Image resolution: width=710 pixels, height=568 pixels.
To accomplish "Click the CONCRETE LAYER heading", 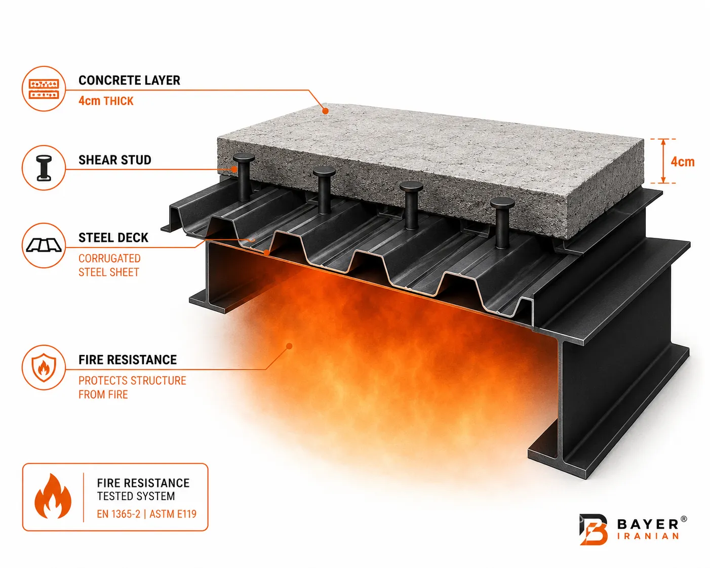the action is pyautogui.click(x=129, y=80).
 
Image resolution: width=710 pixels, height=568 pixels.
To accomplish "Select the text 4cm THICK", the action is pyautogui.click(x=106, y=101).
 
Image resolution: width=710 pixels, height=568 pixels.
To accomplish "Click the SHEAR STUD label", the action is pyautogui.click(x=115, y=160).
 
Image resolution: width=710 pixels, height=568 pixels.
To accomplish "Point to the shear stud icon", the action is pyautogui.click(x=44, y=168).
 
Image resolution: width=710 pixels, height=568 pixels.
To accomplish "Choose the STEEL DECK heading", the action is pyautogui.click(x=113, y=238).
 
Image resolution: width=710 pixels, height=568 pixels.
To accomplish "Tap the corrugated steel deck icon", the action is pyautogui.click(x=44, y=245).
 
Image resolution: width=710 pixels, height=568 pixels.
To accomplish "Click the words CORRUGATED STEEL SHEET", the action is pyautogui.click(x=109, y=265).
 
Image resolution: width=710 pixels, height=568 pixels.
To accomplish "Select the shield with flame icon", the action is pyautogui.click(x=44, y=368).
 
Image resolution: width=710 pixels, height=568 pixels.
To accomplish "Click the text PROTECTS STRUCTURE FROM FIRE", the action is pyautogui.click(x=132, y=387).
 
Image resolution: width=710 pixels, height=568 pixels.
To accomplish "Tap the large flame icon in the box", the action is pyautogui.click(x=53, y=497).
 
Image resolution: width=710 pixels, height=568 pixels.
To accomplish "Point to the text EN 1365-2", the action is pyautogui.click(x=119, y=514).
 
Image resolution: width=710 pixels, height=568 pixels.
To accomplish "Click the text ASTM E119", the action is pyautogui.click(x=173, y=514).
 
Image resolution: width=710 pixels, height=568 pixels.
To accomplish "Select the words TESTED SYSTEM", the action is pyautogui.click(x=136, y=496).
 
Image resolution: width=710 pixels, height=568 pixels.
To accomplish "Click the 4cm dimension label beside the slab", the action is pyautogui.click(x=683, y=161).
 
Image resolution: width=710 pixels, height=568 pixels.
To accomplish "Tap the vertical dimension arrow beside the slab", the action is pyautogui.click(x=663, y=161).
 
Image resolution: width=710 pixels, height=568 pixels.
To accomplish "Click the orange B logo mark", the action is pyautogui.click(x=593, y=530).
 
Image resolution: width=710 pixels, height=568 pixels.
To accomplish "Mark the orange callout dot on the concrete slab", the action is pyautogui.click(x=325, y=111).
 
